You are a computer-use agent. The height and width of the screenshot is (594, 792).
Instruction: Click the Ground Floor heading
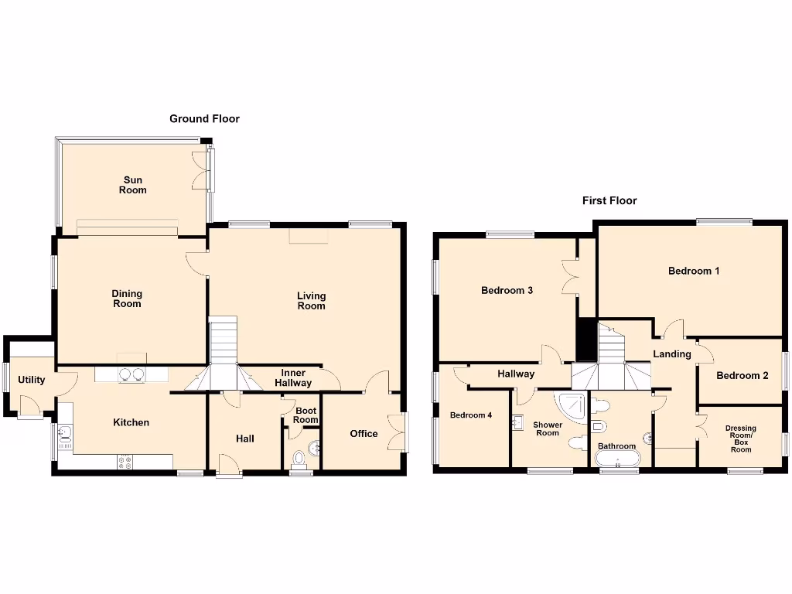click(x=204, y=118)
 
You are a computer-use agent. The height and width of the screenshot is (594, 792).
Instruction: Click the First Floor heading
click(x=609, y=200)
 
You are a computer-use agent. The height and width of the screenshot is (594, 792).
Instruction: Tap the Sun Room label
click(x=133, y=185)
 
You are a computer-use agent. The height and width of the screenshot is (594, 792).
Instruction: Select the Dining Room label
click(x=127, y=299)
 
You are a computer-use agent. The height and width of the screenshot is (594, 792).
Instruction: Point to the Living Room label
click(x=311, y=300)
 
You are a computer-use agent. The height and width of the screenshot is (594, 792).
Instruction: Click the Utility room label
click(x=32, y=380)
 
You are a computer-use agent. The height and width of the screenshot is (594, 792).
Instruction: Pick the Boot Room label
click(x=306, y=415)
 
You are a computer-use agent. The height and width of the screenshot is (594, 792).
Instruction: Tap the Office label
click(x=364, y=433)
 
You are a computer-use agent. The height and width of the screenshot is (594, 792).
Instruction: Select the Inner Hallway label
click(x=293, y=378)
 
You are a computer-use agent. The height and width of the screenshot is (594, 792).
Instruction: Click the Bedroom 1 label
click(x=694, y=271)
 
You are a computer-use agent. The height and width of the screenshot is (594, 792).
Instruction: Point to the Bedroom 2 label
click(x=742, y=375)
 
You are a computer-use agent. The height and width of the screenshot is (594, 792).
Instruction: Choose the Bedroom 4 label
click(x=471, y=415)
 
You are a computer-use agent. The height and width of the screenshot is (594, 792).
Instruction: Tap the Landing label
click(x=671, y=354)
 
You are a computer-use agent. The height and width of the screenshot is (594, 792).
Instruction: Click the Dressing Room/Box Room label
click(x=740, y=439)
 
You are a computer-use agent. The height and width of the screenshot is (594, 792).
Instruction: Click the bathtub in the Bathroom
click(x=617, y=459)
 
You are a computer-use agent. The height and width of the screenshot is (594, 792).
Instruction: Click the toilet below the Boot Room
click(x=299, y=458)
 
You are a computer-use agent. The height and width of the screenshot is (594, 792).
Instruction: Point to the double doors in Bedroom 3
click(x=571, y=277)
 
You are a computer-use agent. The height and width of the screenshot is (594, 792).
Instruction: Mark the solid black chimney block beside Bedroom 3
click(x=586, y=340)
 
